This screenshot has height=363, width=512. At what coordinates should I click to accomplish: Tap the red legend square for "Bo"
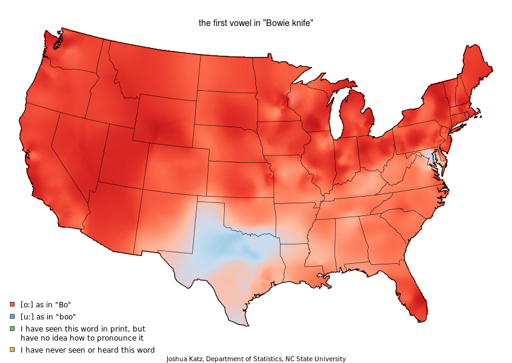point(12,305)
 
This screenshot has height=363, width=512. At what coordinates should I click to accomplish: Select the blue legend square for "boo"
point(12,316)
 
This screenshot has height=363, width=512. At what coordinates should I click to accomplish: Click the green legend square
point(12,329)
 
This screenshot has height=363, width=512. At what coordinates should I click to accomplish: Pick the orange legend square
point(12,350)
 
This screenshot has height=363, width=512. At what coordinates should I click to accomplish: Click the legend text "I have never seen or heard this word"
point(87,350)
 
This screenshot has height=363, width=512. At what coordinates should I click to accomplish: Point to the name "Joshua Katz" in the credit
point(184,359)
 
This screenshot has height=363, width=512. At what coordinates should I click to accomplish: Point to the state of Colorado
point(176,169)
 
